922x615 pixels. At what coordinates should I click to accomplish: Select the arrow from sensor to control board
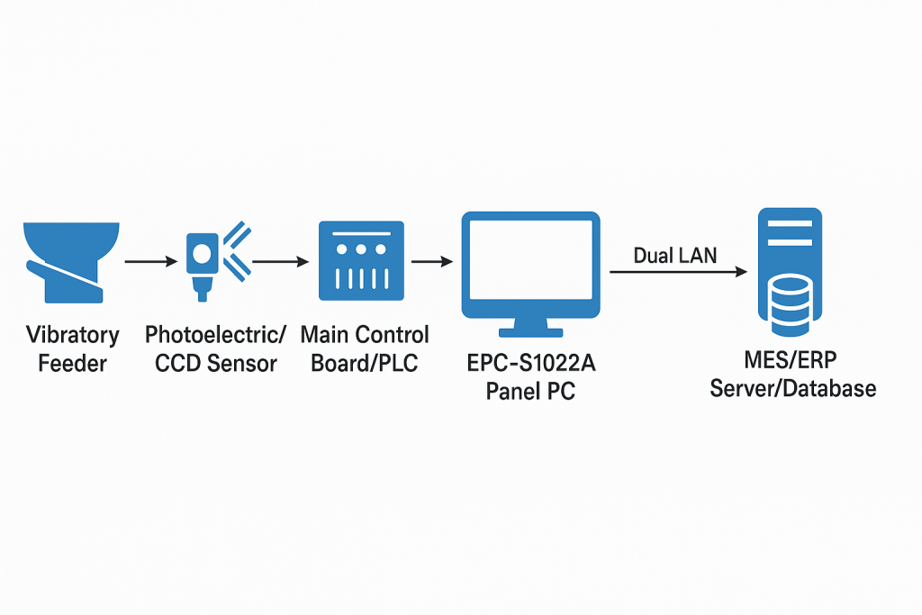tap(282, 261)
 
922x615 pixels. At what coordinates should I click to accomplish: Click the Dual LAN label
tap(674, 256)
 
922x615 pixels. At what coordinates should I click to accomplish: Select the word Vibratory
tap(73, 335)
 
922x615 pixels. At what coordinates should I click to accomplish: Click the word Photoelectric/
tap(216, 335)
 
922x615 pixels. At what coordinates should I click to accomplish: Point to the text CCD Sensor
tap(215, 364)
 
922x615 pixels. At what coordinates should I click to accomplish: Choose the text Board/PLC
tap(365, 364)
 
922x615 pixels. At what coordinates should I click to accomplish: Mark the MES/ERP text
tap(792, 360)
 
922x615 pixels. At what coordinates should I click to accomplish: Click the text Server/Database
tap(792, 388)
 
